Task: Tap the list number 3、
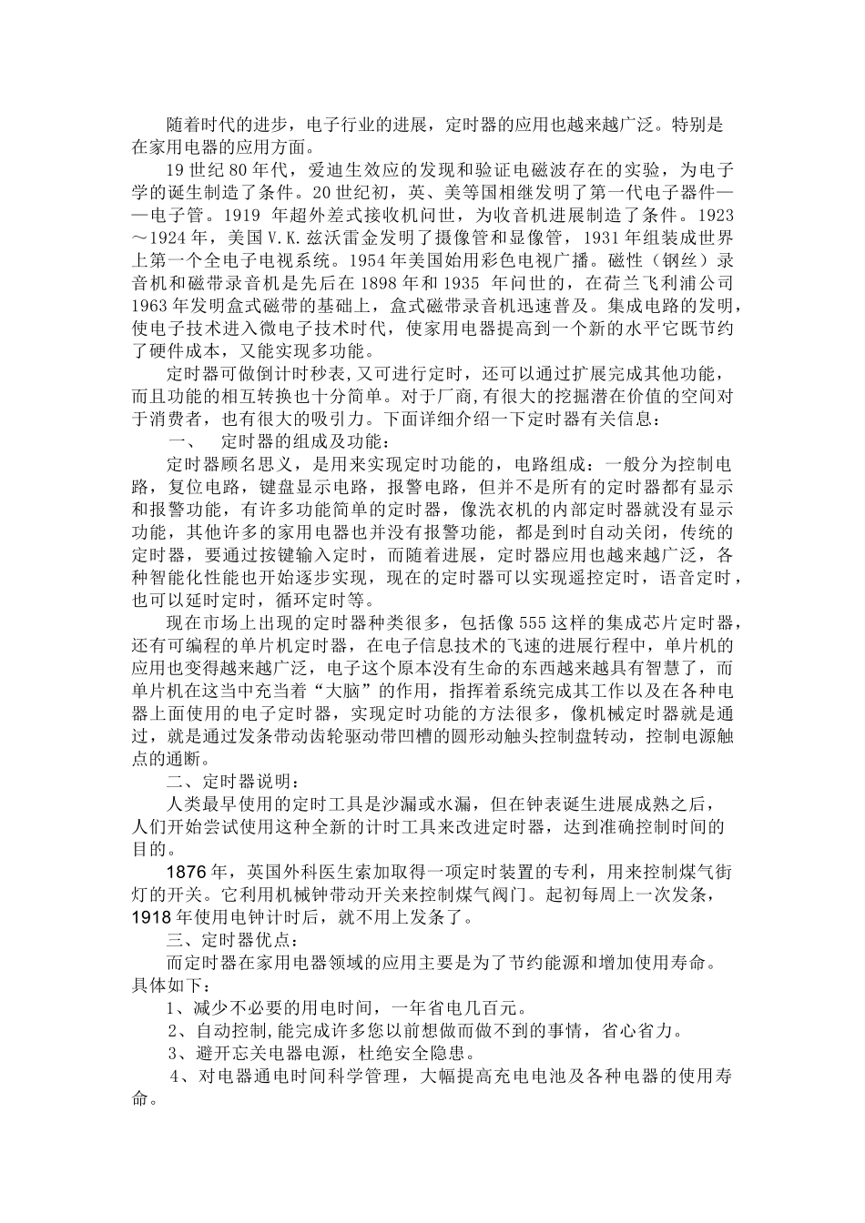coord(178,1054)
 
